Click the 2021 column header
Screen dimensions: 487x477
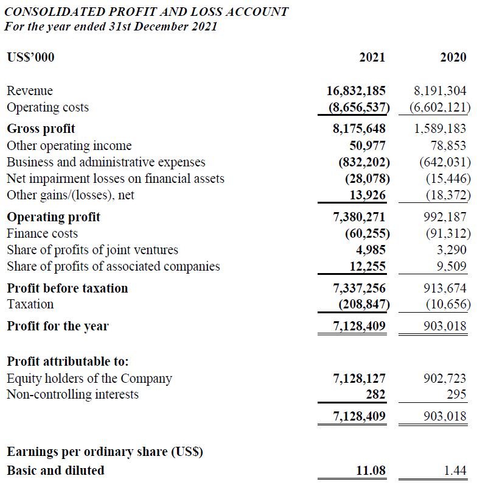click(372, 58)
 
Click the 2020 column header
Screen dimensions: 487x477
click(453, 58)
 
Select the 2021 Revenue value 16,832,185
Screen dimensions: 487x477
click(356, 91)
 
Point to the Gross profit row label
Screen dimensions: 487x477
click(41, 129)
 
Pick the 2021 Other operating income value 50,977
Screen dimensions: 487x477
click(367, 146)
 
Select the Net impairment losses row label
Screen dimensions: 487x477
click(115, 179)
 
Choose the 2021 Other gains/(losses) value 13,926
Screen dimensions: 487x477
click(367, 195)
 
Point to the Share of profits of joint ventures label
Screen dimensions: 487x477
click(92, 250)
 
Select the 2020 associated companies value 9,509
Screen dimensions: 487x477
click(452, 266)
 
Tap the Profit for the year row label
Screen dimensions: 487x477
click(57, 326)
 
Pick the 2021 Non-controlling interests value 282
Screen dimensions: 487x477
click(375, 394)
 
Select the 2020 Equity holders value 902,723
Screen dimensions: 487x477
click(445, 379)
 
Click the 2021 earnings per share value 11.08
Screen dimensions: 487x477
click(370, 471)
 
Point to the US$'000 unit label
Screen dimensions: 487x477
click(30, 58)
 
